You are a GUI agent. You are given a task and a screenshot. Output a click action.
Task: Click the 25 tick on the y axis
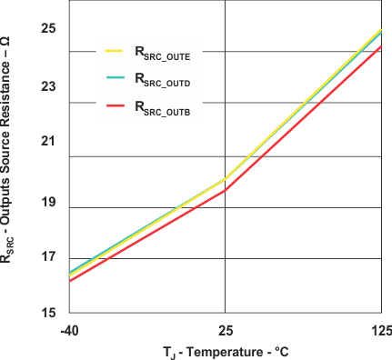(x=48, y=29)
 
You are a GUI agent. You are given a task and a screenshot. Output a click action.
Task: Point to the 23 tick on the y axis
(x=48, y=87)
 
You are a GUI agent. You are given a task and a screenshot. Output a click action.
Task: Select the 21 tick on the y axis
(x=48, y=142)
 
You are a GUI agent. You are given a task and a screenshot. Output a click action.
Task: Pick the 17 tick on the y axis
(x=48, y=257)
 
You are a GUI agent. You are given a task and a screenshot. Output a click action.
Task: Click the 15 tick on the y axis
(x=48, y=313)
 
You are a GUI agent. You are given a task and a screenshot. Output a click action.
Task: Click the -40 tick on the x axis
(x=69, y=329)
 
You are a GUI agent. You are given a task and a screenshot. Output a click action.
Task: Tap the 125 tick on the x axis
(x=381, y=329)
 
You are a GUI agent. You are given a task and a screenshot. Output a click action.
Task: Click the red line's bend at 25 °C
(x=225, y=190)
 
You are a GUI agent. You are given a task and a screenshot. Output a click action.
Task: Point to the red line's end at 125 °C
(x=381, y=45)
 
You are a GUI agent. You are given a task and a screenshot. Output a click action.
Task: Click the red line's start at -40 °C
(x=70, y=280)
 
